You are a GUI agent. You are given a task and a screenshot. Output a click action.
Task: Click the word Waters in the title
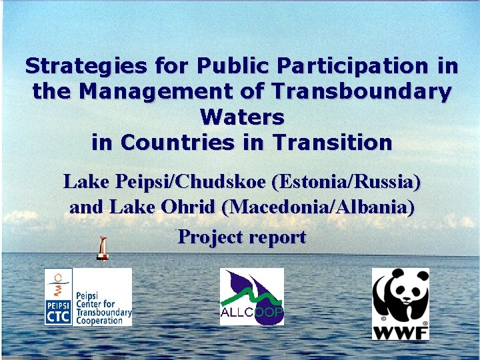click(x=241, y=117)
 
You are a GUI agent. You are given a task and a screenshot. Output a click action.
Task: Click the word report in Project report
click(x=277, y=237)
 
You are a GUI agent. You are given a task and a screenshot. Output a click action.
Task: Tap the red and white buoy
click(x=102, y=248)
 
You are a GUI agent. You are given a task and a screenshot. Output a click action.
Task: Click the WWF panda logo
click(x=399, y=297)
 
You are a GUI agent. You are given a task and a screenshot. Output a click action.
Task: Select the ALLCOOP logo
click(x=252, y=297)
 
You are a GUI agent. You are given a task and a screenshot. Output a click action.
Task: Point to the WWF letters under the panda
click(x=400, y=331)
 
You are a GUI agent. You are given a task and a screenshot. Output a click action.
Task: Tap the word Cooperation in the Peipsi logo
click(x=100, y=321)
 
